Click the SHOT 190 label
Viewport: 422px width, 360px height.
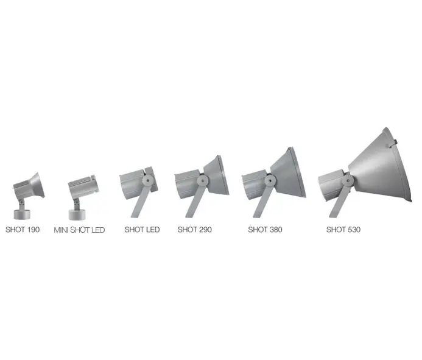23,230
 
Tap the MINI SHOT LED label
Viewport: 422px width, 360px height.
79,230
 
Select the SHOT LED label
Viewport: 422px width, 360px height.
142,230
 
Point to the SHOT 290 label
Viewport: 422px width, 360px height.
195,230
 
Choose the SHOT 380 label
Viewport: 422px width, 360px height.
265,230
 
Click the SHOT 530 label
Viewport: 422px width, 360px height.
343,230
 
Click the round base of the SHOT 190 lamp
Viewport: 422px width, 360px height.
22,214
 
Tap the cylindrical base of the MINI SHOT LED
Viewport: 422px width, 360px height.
77,214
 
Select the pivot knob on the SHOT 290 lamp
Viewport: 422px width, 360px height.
202,180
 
